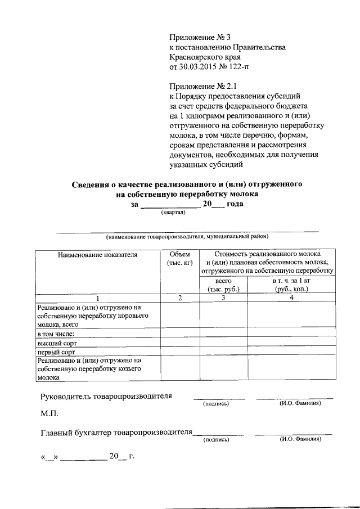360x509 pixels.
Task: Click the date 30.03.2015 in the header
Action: coord(197,68)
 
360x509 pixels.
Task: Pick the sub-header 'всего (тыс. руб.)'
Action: coord(223,285)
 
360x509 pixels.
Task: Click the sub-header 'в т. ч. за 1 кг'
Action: coord(291,281)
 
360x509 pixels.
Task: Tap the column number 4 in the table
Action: coord(291,298)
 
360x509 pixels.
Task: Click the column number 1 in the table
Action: coord(97,298)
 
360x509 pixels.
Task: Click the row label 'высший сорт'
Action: coord(56,343)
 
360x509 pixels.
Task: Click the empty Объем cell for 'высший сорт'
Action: coord(179,343)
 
